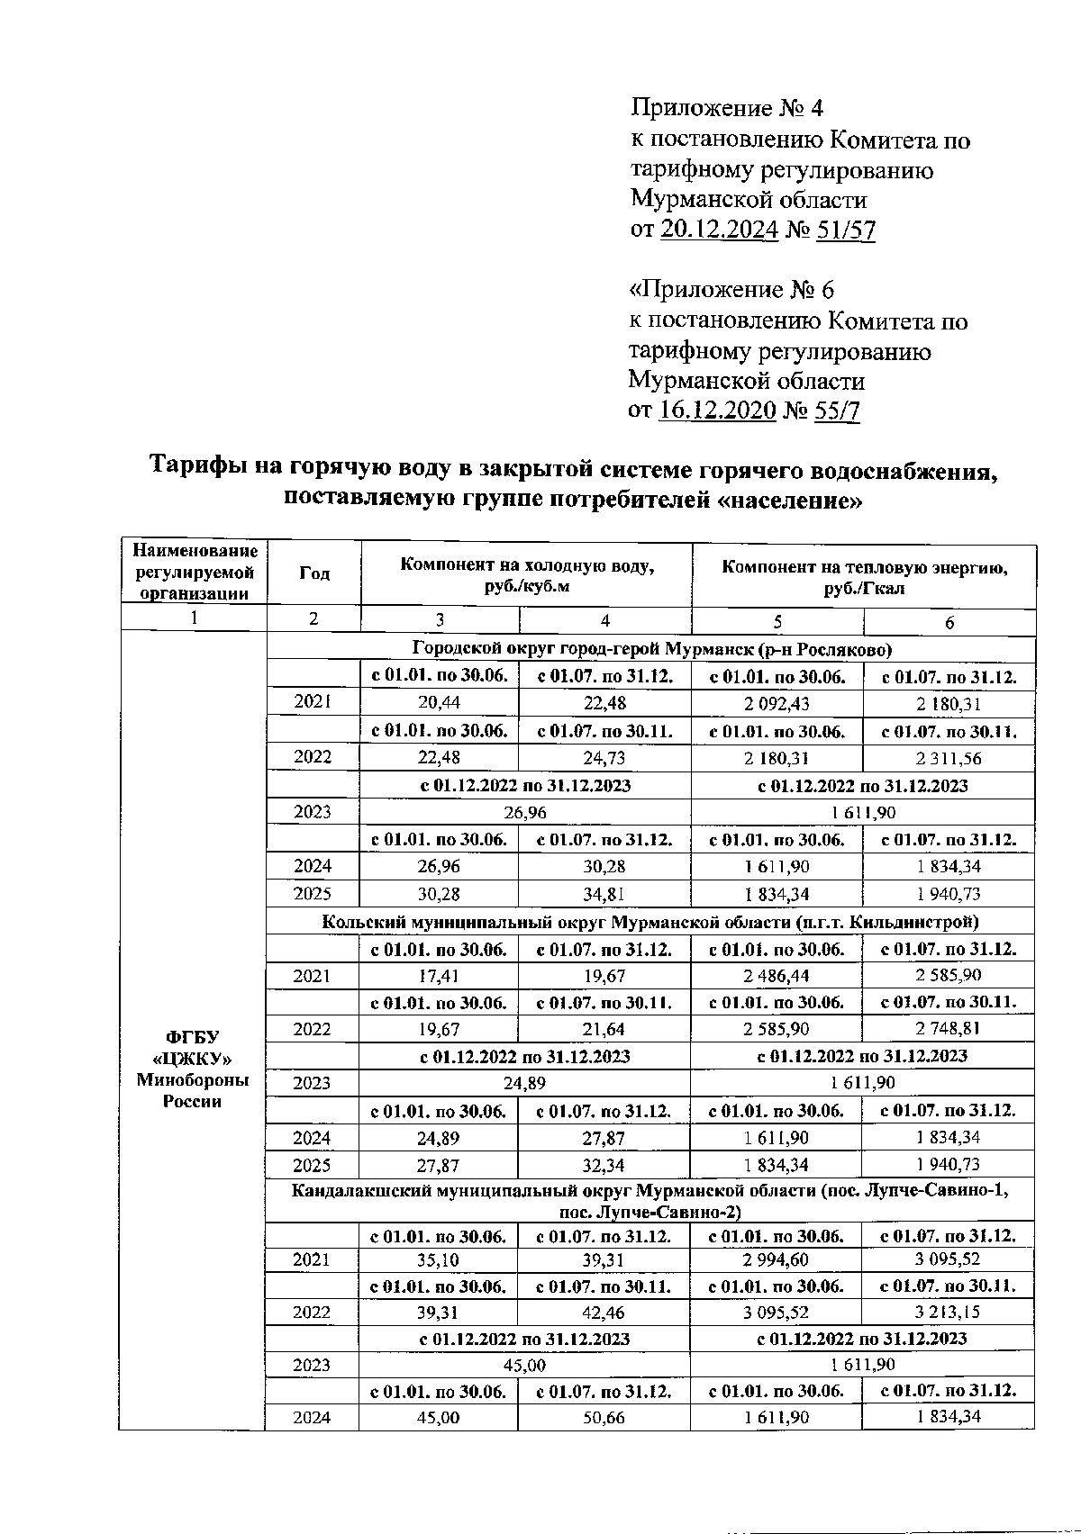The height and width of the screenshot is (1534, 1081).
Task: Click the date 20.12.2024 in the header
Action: [x=719, y=230]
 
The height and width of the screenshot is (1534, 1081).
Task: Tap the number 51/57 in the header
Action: [x=846, y=230]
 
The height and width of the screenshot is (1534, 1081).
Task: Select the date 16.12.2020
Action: [x=717, y=411]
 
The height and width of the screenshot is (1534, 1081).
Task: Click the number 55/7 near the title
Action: [x=837, y=411]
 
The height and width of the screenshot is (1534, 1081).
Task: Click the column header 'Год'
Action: [x=313, y=573]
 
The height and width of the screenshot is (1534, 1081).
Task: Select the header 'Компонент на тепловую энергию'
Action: [x=864, y=567]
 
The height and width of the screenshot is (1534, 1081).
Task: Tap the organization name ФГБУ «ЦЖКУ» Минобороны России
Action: [x=193, y=1069]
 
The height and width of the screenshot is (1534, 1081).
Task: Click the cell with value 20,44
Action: [x=440, y=703]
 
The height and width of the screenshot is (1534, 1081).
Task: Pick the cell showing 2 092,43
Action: [x=777, y=703]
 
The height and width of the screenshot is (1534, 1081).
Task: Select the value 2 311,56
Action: [x=948, y=758]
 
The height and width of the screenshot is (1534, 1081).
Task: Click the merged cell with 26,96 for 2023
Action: [x=525, y=812]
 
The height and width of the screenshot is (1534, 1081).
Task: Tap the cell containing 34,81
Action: [x=604, y=894]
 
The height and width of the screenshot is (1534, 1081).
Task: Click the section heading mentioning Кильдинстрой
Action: [x=650, y=921]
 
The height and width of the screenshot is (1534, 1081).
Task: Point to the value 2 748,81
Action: [x=948, y=1028]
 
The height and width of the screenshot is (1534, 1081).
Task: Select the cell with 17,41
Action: [x=440, y=975]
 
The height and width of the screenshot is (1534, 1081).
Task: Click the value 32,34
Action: [x=604, y=1165]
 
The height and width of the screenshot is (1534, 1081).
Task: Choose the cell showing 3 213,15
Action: [x=948, y=1312]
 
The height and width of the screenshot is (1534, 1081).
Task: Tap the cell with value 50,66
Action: [x=604, y=1417]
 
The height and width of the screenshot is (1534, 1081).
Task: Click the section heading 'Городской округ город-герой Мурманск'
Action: [x=651, y=648]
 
